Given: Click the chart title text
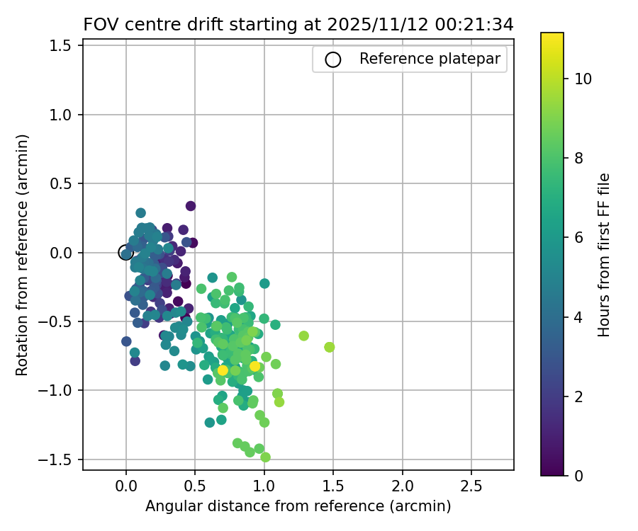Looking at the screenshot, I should [x=298, y=24].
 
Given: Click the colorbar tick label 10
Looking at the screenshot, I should [x=583, y=79].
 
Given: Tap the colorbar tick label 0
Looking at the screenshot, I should [x=578, y=475].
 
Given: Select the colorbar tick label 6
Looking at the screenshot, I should [x=578, y=238].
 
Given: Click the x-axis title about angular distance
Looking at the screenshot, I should [x=298, y=506].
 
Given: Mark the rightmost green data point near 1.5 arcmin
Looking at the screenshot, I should [x=330, y=347].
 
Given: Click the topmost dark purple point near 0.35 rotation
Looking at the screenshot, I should [x=191, y=206].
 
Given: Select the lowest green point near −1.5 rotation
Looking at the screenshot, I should [x=265, y=457].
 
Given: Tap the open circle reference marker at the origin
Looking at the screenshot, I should [x=126, y=253].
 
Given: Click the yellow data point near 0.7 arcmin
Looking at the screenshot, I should [x=223, y=370].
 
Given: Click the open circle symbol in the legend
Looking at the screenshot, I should [x=333, y=59].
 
